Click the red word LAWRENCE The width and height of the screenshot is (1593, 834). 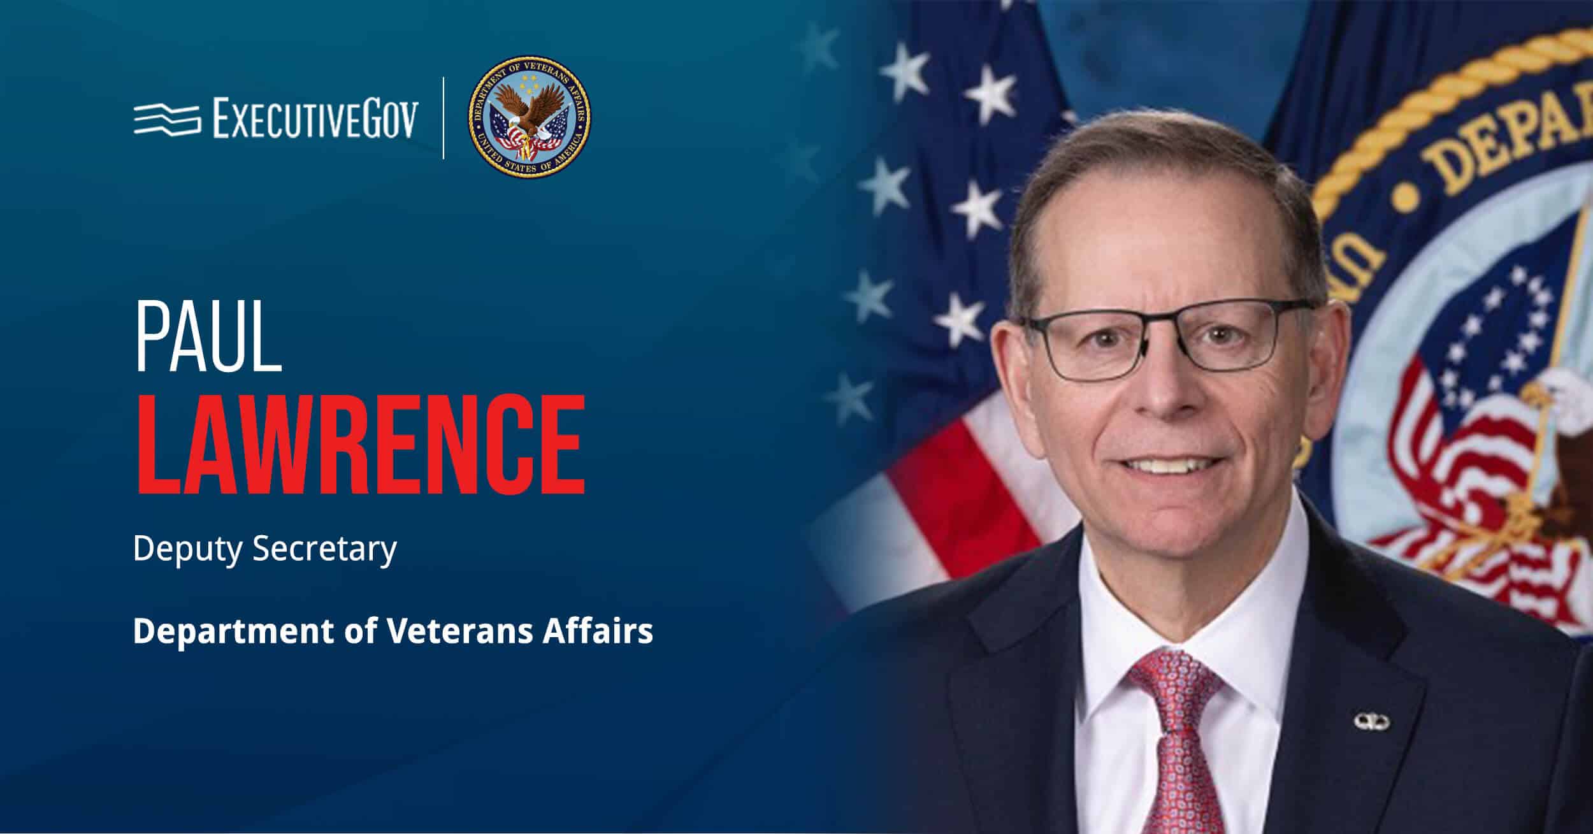coord(360,445)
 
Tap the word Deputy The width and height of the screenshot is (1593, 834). coord(187,549)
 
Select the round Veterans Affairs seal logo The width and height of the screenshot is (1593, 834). coord(529,117)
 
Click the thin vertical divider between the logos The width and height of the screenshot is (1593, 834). coord(444,117)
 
